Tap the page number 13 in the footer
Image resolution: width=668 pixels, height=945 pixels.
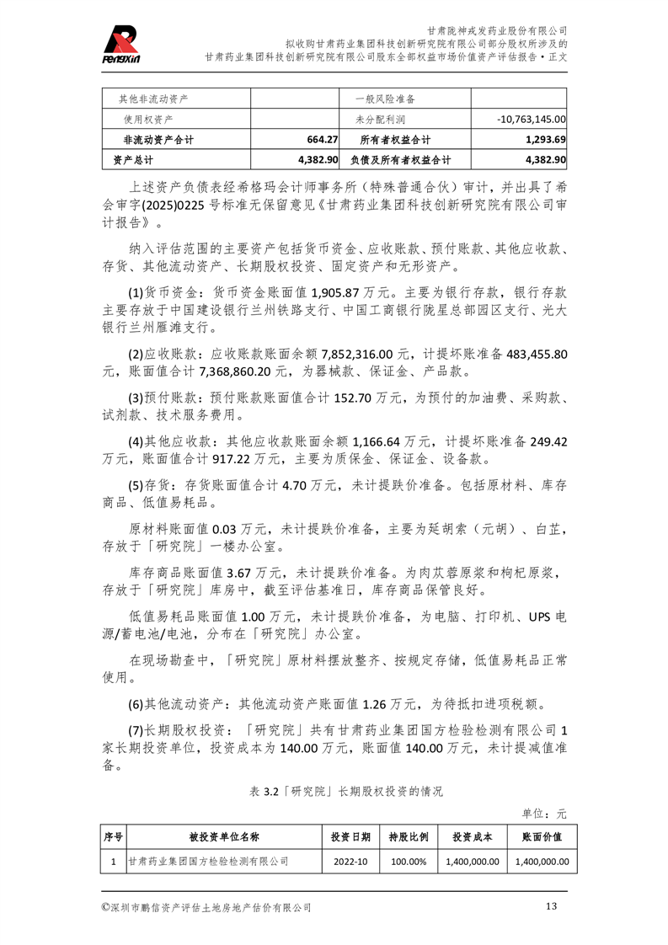(552, 906)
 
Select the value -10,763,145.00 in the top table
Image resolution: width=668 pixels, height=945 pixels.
(531, 120)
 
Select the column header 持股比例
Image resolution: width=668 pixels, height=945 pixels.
(408, 837)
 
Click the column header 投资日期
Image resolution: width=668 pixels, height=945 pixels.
(350, 837)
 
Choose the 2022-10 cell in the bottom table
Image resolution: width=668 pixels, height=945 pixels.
(350, 862)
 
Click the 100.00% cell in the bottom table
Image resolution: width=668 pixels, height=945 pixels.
(409, 862)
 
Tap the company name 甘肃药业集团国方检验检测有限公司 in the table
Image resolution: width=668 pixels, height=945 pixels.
(208, 862)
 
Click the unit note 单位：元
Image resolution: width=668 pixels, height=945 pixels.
(544, 814)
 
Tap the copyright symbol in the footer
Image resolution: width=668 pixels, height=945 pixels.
(104, 907)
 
